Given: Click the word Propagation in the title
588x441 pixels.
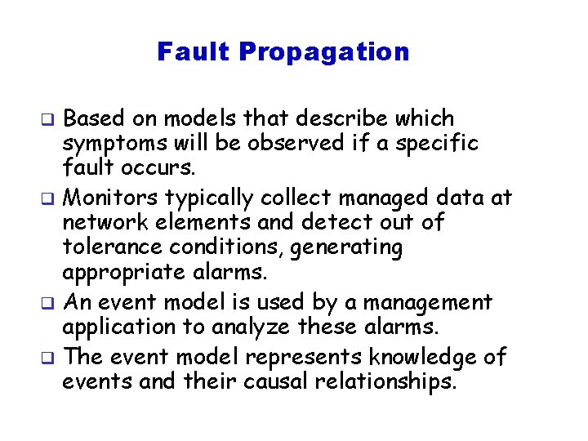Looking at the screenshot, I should click(x=324, y=53).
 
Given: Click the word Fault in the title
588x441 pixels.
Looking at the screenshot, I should click(x=194, y=52).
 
